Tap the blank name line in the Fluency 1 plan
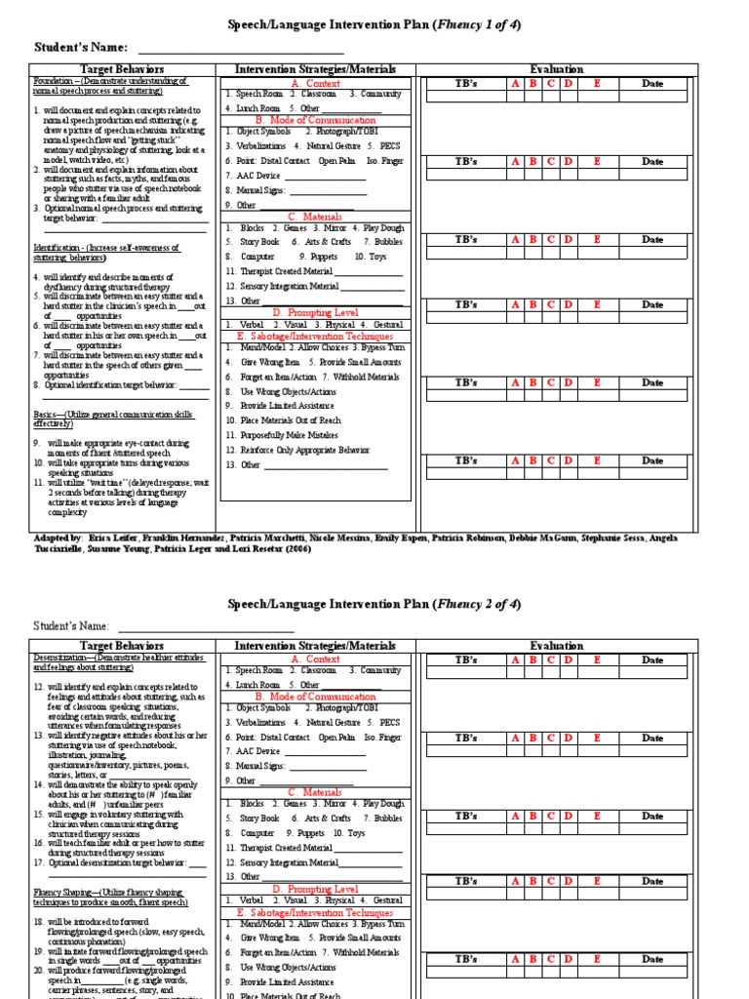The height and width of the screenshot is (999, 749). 240,49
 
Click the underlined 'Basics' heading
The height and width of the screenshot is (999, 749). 47,416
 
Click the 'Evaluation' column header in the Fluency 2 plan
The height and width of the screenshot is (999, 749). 557,645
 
